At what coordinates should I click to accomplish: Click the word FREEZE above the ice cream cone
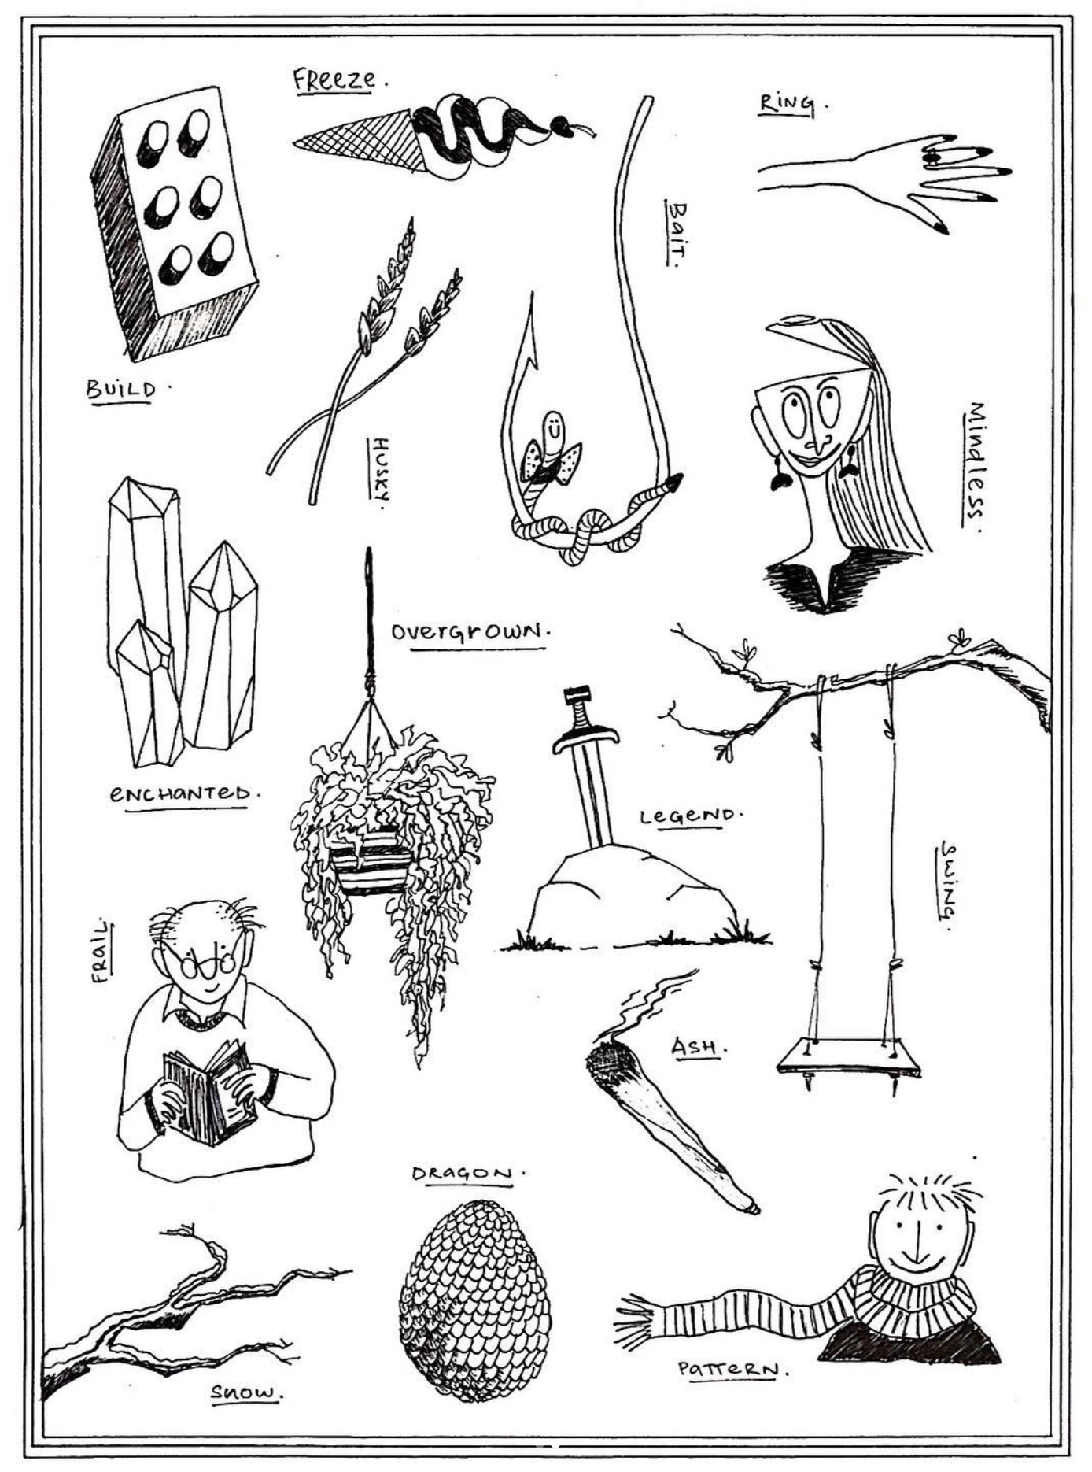point(334,80)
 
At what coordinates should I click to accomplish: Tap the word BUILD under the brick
point(121,389)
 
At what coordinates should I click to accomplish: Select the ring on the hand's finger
point(932,157)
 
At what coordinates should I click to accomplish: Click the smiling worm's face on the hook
point(555,429)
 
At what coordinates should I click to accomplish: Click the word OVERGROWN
point(468,631)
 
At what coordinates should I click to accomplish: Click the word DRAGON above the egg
point(463,1174)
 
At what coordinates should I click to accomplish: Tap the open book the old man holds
point(208,1093)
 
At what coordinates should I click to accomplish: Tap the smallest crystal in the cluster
point(149,693)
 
